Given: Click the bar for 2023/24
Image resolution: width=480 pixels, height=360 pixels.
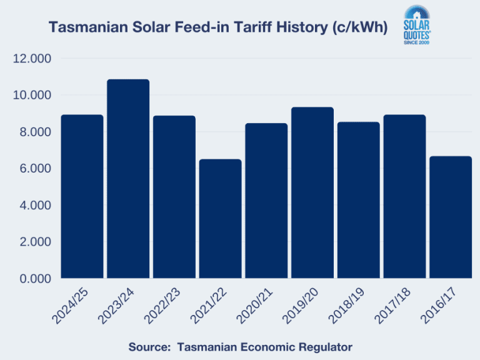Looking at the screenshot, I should point(128,179).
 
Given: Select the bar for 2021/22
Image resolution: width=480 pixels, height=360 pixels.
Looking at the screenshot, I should point(220,219).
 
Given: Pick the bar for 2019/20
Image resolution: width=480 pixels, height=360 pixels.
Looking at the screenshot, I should point(312,192).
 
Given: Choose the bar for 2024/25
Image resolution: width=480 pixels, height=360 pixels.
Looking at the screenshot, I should point(82,196).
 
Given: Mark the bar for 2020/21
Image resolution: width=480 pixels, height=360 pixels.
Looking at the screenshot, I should point(266,201).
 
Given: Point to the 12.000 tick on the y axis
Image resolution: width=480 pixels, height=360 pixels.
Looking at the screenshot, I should point(31,59).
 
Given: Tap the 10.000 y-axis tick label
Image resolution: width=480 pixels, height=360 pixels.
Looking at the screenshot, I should point(31,95).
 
